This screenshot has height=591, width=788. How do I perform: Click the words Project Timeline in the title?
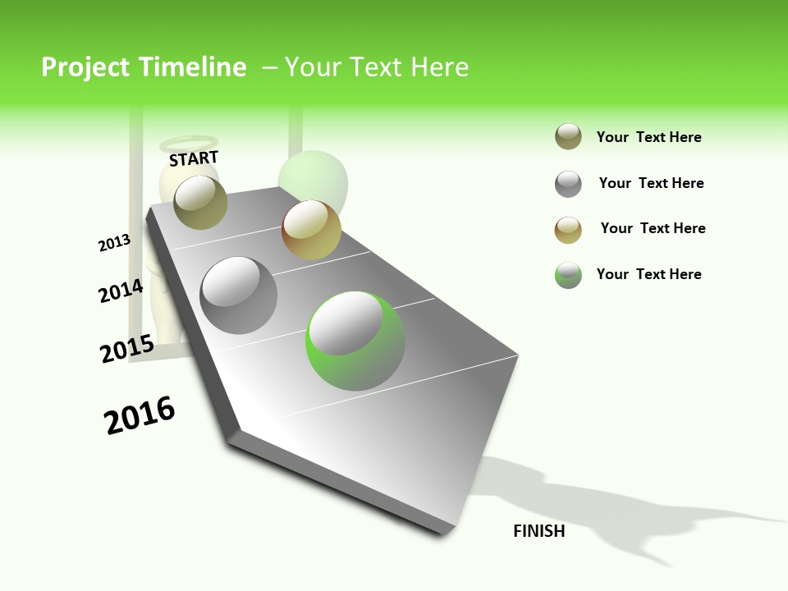[144, 67]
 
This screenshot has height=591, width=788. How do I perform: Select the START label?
[194, 158]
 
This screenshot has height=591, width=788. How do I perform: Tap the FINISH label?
[539, 531]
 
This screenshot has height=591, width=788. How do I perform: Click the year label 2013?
[115, 243]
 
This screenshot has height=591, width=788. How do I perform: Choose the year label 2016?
[140, 415]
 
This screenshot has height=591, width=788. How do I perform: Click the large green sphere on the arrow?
[355, 341]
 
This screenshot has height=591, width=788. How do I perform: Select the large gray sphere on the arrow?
[239, 295]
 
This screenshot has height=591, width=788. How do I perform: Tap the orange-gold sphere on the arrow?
[311, 230]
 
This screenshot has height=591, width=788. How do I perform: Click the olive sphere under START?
[200, 202]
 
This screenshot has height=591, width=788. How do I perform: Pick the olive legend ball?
[568, 137]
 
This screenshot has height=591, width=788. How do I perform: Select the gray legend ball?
[568, 184]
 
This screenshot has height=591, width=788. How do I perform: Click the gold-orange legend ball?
[568, 230]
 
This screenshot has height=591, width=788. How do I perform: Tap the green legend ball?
[568, 275]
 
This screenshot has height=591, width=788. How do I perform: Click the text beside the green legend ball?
[648, 274]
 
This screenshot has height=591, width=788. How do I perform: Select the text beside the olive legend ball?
[648, 137]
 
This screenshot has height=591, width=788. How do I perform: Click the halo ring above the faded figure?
[189, 143]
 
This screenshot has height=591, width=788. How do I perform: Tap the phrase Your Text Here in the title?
[376, 67]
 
